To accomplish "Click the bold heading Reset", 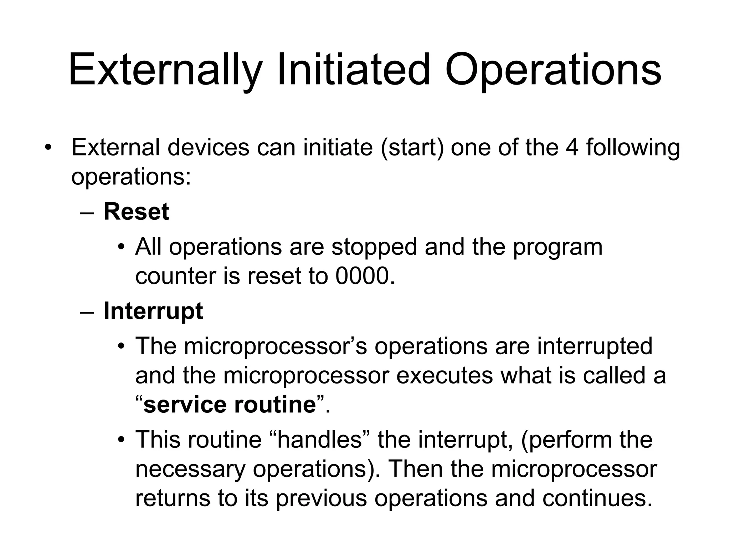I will click(x=136, y=212).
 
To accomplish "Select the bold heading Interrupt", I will click(x=153, y=311).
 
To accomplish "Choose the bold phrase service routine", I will click(x=230, y=405).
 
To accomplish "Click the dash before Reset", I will click(x=87, y=213).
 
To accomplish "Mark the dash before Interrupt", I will click(x=87, y=313).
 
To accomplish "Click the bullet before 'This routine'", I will click(x=122, y=440).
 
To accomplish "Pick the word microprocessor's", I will click(x=275, y=346).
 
